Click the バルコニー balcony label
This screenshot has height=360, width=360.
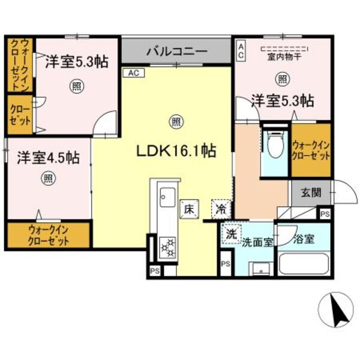pos(177,51)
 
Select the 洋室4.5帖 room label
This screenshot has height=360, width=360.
pos(48,158)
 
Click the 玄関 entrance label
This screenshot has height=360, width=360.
pos(311,193)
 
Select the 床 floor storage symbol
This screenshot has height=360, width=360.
pos(188,210)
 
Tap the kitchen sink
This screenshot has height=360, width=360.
pos(166,197)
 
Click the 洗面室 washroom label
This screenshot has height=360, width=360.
pos(257,242)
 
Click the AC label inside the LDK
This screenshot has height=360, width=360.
pos(133,73)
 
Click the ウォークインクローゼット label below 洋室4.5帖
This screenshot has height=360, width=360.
pos(49,234)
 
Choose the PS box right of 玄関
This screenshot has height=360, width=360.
pos(325,214)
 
